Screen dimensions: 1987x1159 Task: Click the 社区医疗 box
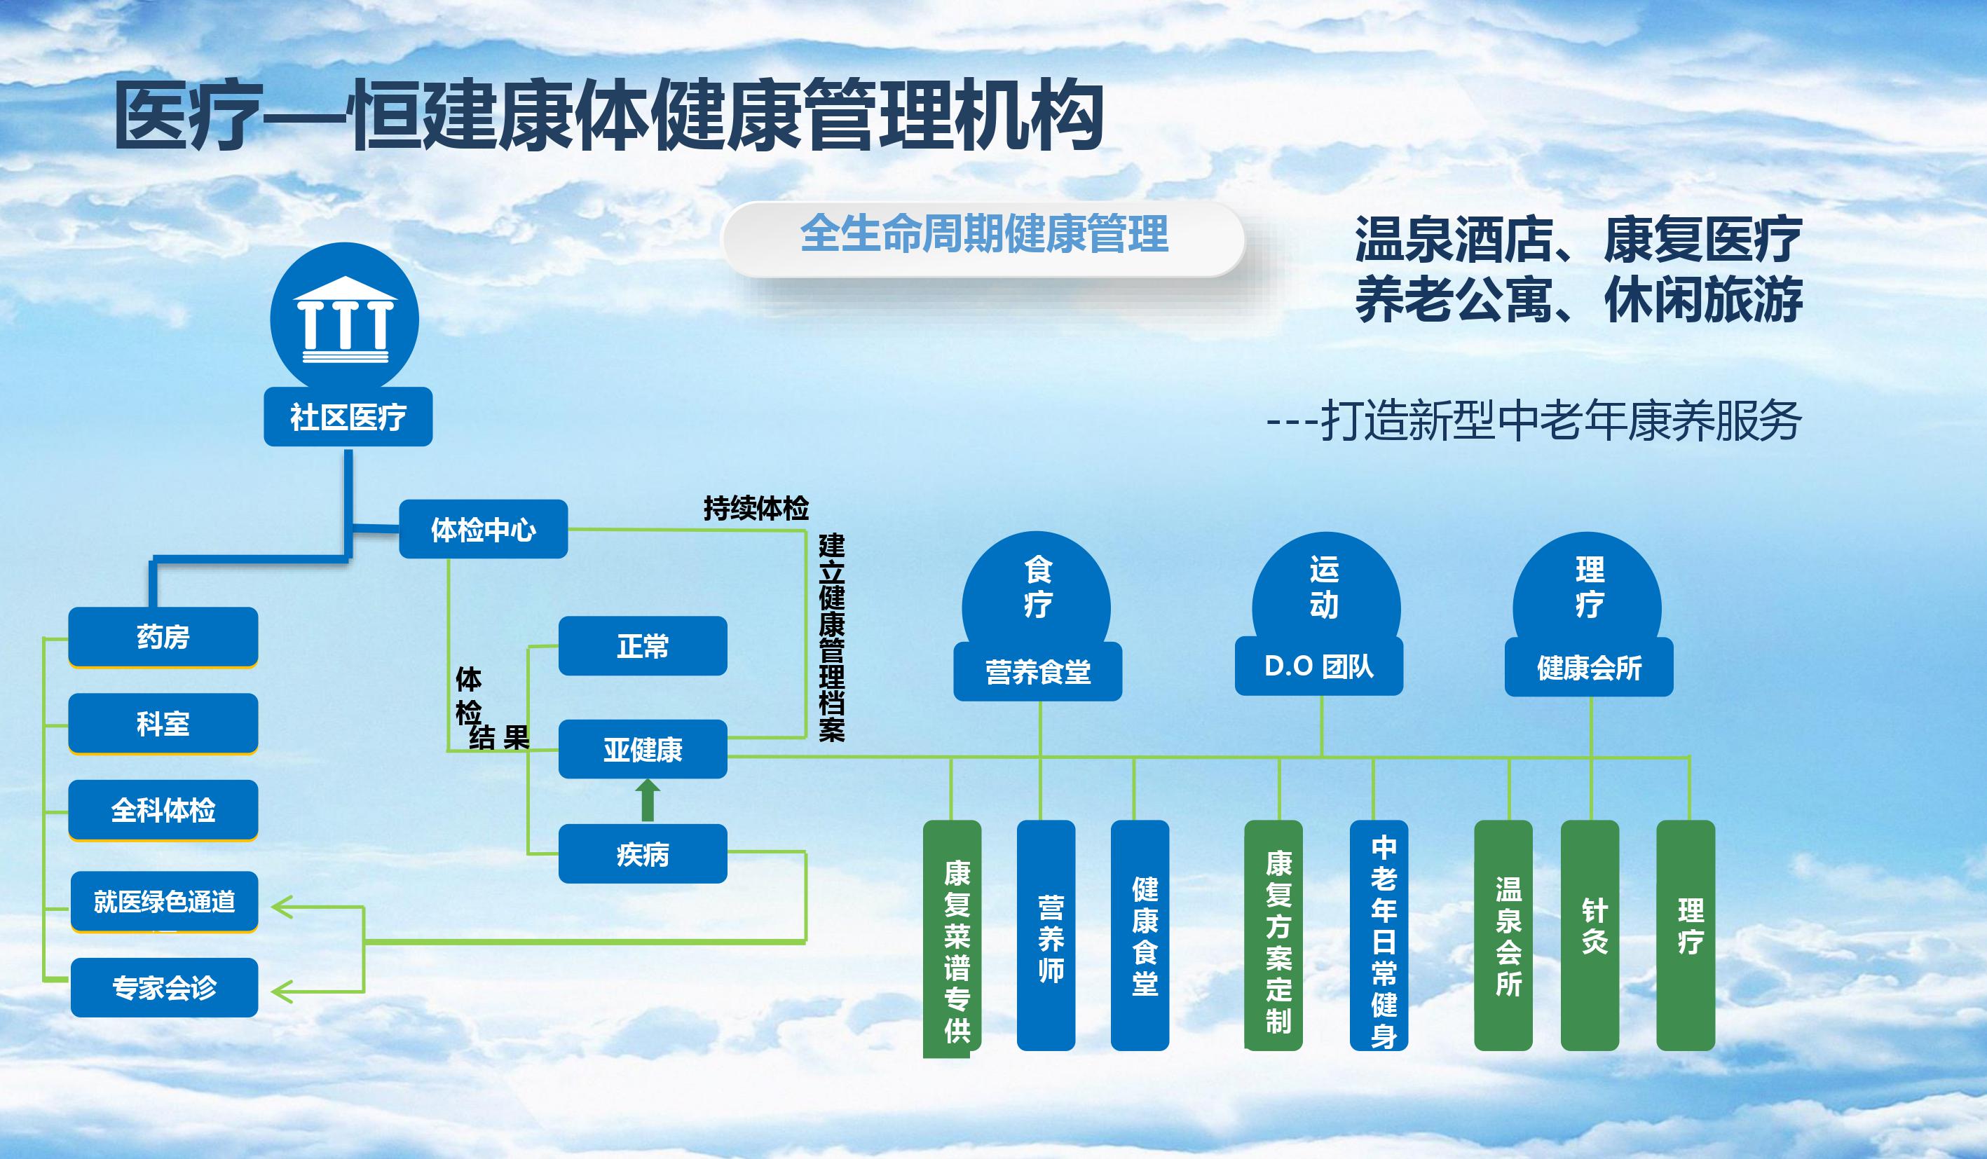(x=348, y=416)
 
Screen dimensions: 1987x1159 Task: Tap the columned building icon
(x=345, y=319)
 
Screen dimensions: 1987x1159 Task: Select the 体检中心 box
(x=484, y=529)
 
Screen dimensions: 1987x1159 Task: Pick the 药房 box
(x=163, y=637)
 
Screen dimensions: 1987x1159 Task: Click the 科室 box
(x=163, y=724)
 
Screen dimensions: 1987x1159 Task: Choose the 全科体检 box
(x=163, y=811)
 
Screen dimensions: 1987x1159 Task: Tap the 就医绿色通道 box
(x=165, y=902)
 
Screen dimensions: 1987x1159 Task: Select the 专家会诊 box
(x=165, y=988)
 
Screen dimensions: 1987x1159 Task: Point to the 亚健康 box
(x=643, y=749)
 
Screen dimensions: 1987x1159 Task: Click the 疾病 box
(x=643, y=854)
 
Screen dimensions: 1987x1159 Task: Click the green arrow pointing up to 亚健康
(x=648, y=800)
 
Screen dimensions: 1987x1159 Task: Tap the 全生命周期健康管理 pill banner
(x=983, y=238)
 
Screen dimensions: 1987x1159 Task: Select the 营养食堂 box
(x=1037, y=672)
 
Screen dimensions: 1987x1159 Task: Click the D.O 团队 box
(x=1319, y=667)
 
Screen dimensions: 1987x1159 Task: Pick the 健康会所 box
(x=1589, y=668)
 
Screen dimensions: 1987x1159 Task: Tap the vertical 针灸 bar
(x=1590, y=935)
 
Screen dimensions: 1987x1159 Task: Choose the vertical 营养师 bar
(x=1046, y=935)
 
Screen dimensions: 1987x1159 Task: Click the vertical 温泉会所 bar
(x=1503, y=935)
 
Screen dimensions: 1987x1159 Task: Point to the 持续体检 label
(x=756, y=509)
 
